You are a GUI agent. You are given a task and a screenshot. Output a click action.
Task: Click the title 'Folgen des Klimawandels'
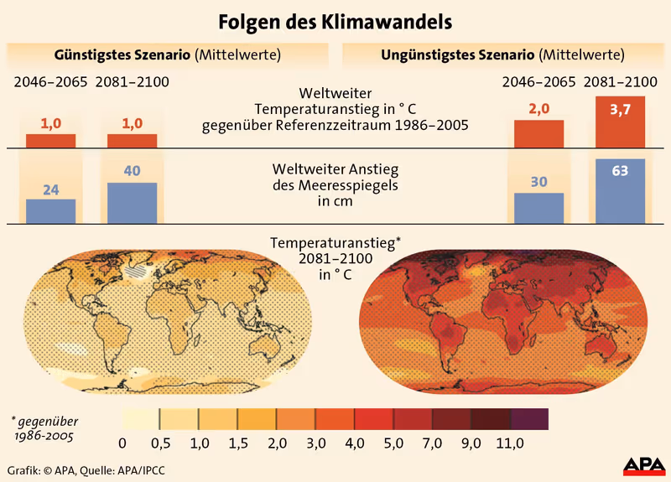[335, 19]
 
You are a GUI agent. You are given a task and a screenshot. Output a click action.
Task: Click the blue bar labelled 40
[132, 203]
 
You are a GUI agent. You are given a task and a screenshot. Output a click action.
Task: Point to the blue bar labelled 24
[50, 210]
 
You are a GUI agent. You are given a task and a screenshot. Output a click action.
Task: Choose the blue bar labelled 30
[538, 208]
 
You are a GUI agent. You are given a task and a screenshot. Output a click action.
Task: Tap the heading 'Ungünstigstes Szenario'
[458, 55]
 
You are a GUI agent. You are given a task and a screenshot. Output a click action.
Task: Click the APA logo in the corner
[643, 464]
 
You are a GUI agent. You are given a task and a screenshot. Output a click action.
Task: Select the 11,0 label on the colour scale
[510, 443]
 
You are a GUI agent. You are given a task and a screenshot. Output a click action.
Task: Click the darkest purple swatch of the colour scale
[529, 418]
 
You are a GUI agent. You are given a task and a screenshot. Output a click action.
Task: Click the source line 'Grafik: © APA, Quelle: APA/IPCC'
[86, 470]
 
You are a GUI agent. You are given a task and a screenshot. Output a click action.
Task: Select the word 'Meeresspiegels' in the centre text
[336, 185]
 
